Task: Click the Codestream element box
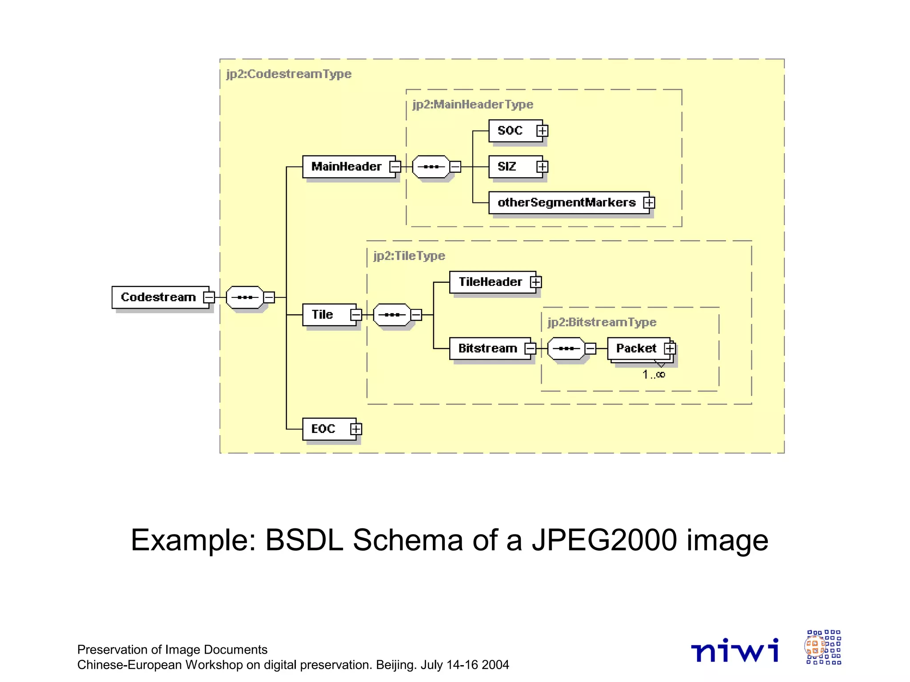[x=159, y=297]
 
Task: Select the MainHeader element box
[x=346, y=167]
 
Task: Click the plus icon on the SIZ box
[x=542, y=167]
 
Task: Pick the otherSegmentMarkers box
[x=567, y=202]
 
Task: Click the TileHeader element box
[x=490, y=282]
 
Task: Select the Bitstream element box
[x=487, y=349]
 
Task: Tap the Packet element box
[x=636, y=349]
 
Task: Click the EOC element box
[x=323, y=429]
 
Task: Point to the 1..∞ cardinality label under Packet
[x=654, y=375]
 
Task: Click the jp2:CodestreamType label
[x=289, y=74]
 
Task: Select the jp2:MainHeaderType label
[x=473, y=104]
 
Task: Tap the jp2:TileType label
[x=409, y=256]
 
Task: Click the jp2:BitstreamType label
[x=602, y=322]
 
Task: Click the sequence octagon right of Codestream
[x=245, y=297]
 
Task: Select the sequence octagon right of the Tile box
[x=392, y=315]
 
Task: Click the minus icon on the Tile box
[x=356, y=315]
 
